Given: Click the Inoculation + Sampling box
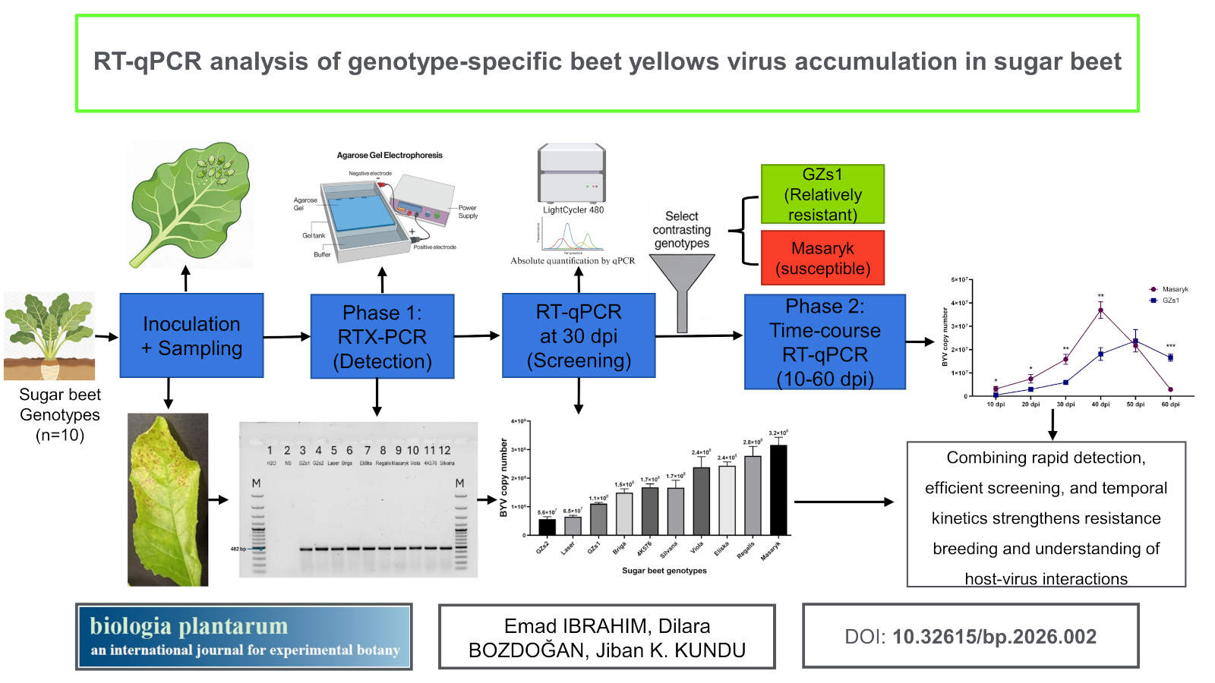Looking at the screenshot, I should pyautogui.click(x=191, y=335).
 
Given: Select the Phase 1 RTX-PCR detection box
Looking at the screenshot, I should pyautogui.click(x=382, y=336).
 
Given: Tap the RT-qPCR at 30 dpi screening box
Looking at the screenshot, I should pyautogui.click(x=579, y=335).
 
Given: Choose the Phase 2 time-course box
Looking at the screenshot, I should pyautogui.click(x=825, y=342).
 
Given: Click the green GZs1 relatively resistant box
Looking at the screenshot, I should pyautogui.click(x=822, y=194).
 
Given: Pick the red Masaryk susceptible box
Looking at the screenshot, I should pyautogui.click(x=822, y=258).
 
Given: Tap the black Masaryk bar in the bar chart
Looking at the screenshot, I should pyautogui.click(x=778, y=489).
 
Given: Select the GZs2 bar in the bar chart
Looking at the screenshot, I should pyautogui.click(x=547, y=527).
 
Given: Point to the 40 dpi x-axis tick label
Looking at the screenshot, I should pyautogui.click(x=1100, y=404).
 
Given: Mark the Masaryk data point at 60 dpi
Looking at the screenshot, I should pyautogui.click(x=1170, y=389).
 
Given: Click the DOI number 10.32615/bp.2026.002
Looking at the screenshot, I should pyautogui.click(x=994, y=637).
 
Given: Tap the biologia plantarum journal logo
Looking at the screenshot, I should pyautogui.click(x=244, y=637).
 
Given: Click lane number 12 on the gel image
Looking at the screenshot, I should pyautogui.click(x=445, y=450).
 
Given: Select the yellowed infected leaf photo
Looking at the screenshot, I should pyautogui.click(x=168, y=499).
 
